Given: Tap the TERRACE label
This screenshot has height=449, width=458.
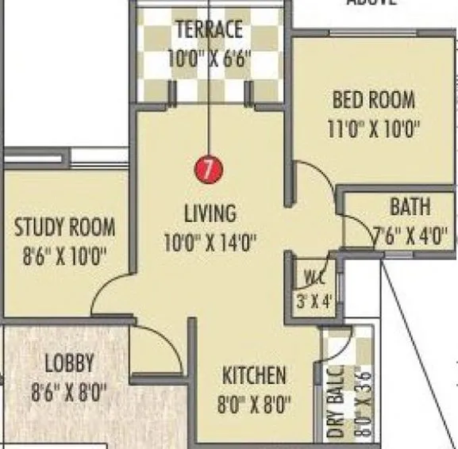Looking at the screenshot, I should pos(208,30).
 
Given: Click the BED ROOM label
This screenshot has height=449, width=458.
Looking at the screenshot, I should pos(362,101).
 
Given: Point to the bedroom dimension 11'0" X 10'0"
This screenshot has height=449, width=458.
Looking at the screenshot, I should pos(363,129).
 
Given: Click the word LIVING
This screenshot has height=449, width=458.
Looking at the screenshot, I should pos(210,213).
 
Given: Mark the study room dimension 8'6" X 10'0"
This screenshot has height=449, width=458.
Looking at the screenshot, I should pos(64,256).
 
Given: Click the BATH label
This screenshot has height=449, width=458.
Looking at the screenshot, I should pos(410,208).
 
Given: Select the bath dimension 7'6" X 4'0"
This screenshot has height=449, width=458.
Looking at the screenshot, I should pos(410,236).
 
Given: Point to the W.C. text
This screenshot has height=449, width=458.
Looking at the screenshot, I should pos(310,278).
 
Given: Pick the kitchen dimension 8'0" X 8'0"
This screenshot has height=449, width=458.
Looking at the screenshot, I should pos(254,404).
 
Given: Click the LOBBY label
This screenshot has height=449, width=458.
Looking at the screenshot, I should pos(68,364).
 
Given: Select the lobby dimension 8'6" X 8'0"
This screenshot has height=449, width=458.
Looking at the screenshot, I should pos(68,392).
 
